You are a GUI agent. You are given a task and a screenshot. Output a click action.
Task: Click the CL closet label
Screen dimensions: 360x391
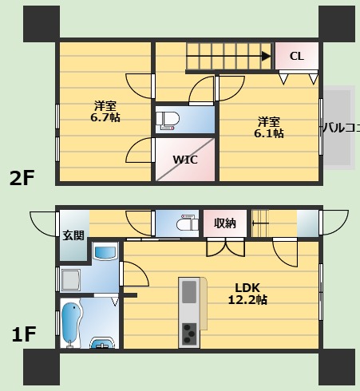(x=297, y=57)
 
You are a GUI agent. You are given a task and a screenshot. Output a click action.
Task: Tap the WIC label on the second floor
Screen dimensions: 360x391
(x=185, y=160)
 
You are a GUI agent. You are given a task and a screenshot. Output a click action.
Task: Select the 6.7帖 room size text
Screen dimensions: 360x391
(x=105, y=117)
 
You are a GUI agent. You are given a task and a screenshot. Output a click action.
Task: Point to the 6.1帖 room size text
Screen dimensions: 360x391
(x=269, y=133)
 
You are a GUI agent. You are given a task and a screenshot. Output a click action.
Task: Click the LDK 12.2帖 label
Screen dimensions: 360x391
(x=247, y=294)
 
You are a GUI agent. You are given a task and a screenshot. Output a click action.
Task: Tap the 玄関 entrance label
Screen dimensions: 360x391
(x=73, y=235)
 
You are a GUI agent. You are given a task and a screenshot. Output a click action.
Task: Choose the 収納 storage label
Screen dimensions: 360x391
(x=225, y=223)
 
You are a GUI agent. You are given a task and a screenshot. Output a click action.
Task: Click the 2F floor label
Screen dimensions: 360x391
(x=22, y=178)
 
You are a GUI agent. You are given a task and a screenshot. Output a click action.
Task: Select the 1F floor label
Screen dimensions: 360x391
(x=24, y=334)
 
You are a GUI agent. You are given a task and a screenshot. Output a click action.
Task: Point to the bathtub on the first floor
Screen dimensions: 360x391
(x=71, y=323)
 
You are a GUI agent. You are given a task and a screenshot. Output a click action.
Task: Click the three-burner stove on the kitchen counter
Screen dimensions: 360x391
(x=189, y=334)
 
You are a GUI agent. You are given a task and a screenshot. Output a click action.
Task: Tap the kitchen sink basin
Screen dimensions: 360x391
(x=189, y=292)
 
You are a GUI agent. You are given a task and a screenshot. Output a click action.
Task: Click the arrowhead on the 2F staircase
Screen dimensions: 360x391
(x=267, y=56)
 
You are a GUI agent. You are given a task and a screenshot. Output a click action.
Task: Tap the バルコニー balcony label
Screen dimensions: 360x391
(x=342, y=128)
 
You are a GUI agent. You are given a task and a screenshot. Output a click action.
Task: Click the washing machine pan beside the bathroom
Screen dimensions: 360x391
(x=71, y=279)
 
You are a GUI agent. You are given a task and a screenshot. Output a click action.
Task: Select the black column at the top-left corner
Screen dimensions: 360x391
(x=42, y=24)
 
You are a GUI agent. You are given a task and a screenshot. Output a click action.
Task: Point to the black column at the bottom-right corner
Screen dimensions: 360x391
(x=337, y=367)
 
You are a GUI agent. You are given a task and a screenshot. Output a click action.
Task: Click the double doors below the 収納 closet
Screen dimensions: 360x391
(x=226, y=247)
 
